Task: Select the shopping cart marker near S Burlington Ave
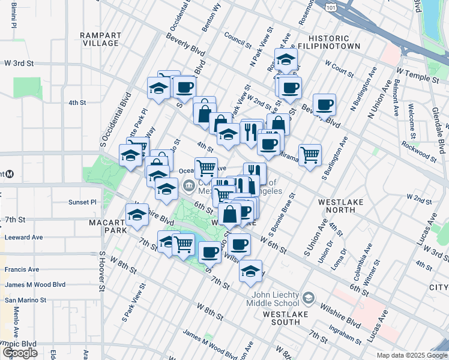coord(310,155)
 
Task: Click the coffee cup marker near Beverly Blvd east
coord(325,105)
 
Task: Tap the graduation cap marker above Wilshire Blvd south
coord(251,271)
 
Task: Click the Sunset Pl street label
coord(82,202)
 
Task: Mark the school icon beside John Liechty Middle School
coord(308,298)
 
